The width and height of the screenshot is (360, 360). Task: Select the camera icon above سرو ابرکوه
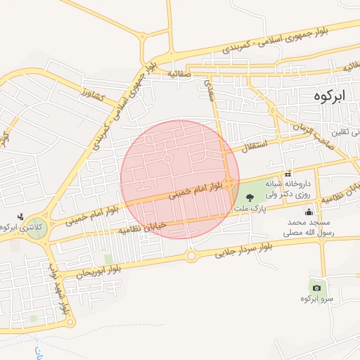click(316, 287)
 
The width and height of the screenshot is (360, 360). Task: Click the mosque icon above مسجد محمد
click(309, 212)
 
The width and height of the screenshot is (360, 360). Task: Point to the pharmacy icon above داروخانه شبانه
click(288, 174)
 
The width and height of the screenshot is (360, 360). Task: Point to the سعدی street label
click(209, 89)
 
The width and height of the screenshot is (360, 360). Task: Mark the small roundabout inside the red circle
click(168, 159)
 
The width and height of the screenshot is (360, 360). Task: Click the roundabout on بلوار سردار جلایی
click(191, 256)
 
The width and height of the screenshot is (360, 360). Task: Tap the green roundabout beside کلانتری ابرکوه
click(35, 229)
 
